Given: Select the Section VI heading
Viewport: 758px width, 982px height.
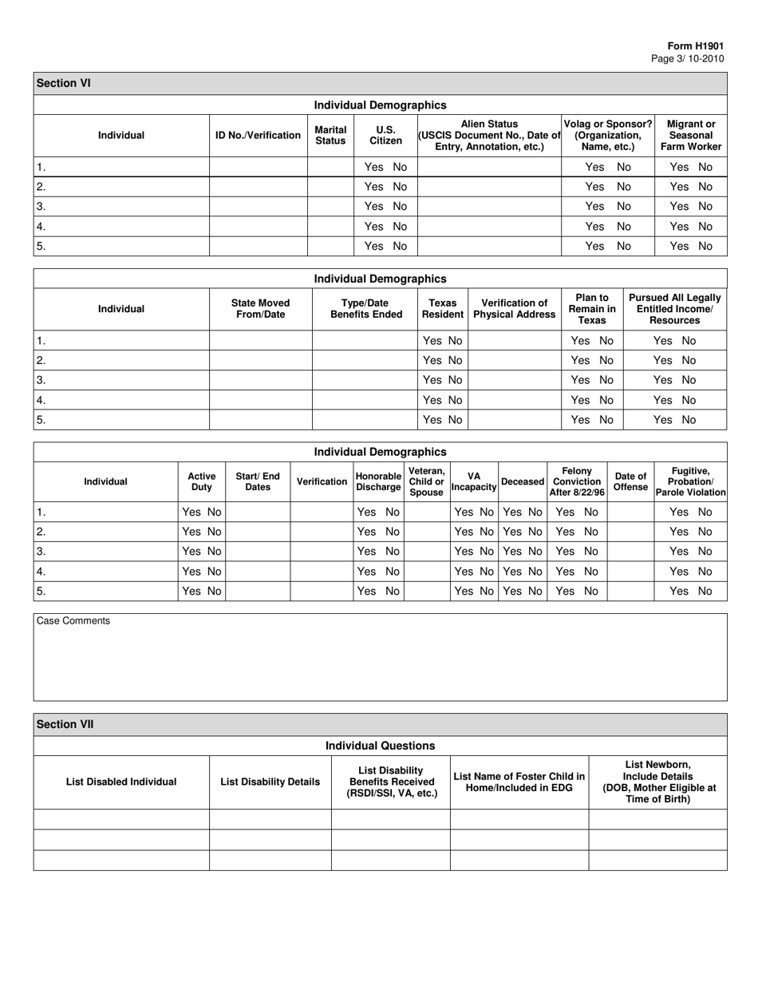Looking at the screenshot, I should click(x=62, y=83).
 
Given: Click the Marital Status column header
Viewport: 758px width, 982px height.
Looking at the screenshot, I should click(x=330, y=135).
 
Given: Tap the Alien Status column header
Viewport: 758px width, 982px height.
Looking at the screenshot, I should click(x=489, y=135).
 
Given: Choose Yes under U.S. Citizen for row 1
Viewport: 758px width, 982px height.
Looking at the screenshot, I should click(x=374, y=167).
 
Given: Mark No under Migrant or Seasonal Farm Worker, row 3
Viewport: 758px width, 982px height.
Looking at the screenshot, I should click(x=705, y=207).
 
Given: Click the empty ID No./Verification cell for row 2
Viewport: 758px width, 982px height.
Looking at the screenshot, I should click(x=258, y=187).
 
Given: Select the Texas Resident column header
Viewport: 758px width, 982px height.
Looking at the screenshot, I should click(x=442, y=309).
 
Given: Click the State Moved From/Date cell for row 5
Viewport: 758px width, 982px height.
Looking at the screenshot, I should click(x=260, y=420).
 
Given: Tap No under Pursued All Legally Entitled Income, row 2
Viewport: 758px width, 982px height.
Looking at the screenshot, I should click(x=689, y=360).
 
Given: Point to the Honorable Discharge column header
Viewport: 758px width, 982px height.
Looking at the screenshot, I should click(x=378, y=481).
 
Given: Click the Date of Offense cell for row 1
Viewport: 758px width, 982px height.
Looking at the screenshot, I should click(x=630, y=512).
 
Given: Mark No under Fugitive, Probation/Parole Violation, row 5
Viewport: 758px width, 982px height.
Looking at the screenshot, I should click(x=705, y=591).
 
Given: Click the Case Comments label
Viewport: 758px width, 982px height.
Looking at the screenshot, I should click(x=73, y=620).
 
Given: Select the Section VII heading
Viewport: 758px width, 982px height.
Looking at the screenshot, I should click(x=65, y=724).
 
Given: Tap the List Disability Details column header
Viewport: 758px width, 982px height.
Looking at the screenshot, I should click(x=270, y=782).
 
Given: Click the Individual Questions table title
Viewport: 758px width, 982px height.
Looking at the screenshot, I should click(x=380, y=746).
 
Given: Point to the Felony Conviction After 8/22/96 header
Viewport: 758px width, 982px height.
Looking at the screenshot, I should click(x=576, y=481).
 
